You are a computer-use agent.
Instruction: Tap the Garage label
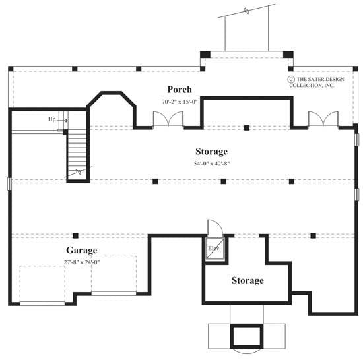click(81, 251)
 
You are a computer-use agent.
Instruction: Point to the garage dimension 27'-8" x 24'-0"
click(82, 262)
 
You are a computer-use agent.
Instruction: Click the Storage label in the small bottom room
click(247, 280)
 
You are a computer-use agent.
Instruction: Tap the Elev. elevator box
click(214, 250)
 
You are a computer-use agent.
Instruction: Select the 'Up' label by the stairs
click(51, 119)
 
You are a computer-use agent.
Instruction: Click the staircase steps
click(77, 152)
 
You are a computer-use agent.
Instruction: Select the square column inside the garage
click(76, 235)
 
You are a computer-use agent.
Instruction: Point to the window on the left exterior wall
click(9, 183)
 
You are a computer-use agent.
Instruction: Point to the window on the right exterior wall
click(356, 140)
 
